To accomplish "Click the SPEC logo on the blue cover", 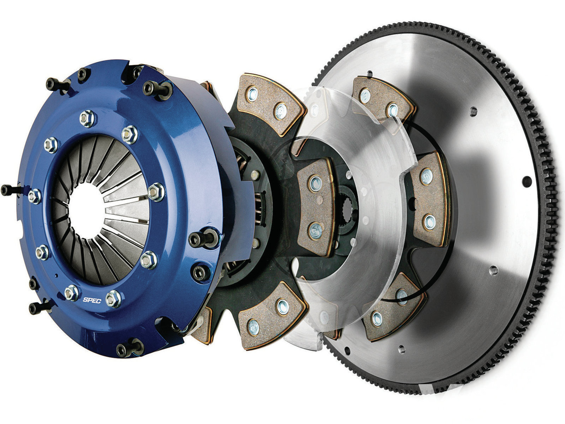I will click(92, 300).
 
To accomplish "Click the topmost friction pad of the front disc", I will click(270, 104).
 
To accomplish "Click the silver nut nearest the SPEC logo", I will click(113, 298).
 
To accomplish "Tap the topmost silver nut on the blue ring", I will click(88, 118).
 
